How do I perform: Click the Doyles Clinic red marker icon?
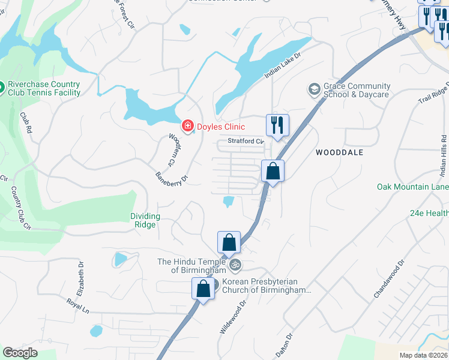tap(188, 126)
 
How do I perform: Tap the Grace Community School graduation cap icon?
tap(313, 90)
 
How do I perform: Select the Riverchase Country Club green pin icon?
tap(1, 88)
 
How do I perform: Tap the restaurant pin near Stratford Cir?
tap(277, 125)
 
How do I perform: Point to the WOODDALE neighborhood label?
tap(339, 152)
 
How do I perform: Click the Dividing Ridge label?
tap(145, 220)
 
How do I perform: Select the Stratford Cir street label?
tap(246, 142)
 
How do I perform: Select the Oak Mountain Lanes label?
tap(412, 187)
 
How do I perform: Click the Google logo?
tap(20, 353)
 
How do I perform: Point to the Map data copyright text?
tap(424, 355)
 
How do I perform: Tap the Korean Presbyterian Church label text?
tap(267, 286)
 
